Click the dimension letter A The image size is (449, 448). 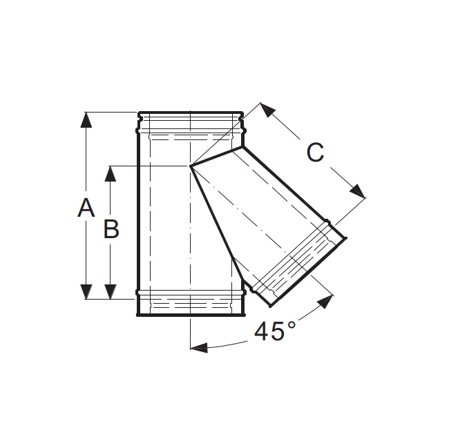[x=86, y=208]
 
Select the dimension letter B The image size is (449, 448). [x=111, y=229]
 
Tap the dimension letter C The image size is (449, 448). [x=315, y=153]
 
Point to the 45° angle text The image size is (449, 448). [x=274, y=331]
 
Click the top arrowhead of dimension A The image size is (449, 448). [x=86, y=119]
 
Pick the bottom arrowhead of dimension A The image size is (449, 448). [x=86, y=292]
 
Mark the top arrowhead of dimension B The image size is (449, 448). [x=111, y=173]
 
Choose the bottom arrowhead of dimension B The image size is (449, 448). [x=111, y=292]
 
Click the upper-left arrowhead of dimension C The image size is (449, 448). [x=267, y=110]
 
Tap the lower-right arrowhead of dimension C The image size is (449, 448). [x=359, y=191]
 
